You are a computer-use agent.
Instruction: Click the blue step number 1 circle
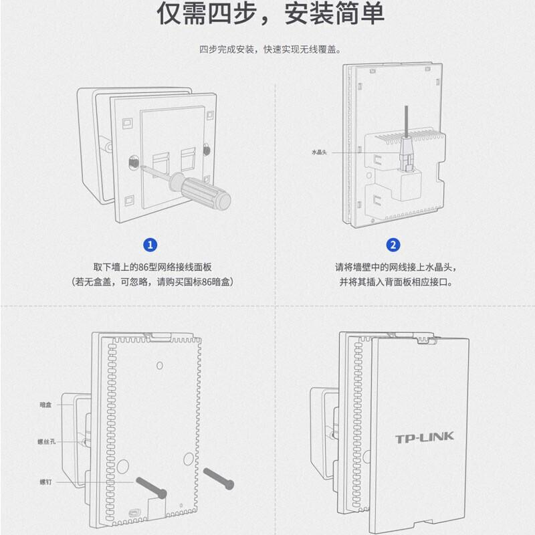[151, 245]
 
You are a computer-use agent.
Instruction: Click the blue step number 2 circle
[394, 245]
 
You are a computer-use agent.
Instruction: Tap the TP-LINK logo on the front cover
[424, 438]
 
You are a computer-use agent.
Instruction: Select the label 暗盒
[45, 405]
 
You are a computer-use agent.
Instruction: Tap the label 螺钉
[45, 481]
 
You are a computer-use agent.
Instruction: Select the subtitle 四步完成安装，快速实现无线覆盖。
[270, 49]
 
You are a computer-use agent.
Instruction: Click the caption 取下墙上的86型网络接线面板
[151, 267]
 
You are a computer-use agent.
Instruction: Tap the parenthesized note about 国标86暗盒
[151, 282]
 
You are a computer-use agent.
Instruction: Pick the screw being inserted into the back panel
[151, 486]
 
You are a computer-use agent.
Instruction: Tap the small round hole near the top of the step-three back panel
[159, 365]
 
